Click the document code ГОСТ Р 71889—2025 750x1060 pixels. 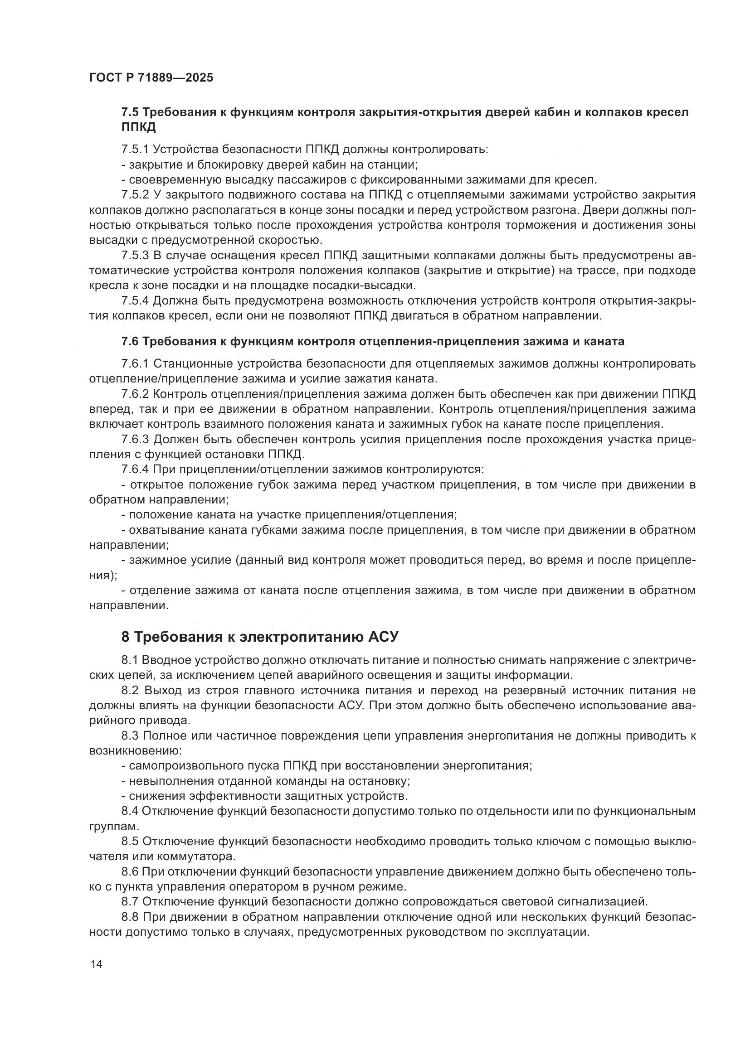click(x=151, y=77)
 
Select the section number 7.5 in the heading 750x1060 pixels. click(x=130, y=112)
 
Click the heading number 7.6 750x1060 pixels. click(x=130, y=342)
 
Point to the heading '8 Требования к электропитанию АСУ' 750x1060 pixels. click(x=259, y=637)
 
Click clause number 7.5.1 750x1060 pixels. click(x=135, y=149)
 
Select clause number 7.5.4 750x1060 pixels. click(x=135, y=301)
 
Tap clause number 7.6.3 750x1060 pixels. click(x=135, y=439)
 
